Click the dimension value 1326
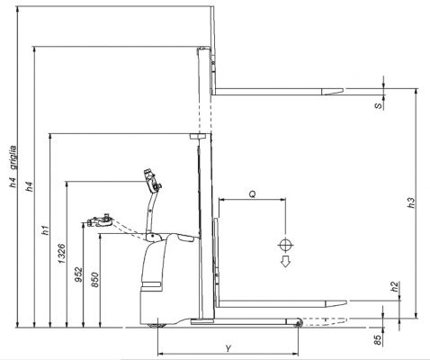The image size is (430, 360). [x=62, y=254]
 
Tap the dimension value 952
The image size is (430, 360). [x=78, y=274]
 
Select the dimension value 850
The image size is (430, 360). [x=95, y=280]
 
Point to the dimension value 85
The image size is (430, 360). [x=378, y=340]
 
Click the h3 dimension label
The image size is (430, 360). [x=412, y=202]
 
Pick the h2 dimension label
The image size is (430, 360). [x=395, y=286]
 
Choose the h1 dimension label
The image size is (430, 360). [x=45, y=229]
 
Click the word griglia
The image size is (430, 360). [x=13, y=157]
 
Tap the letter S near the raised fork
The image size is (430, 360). [x=379, y=106]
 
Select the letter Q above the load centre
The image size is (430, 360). [x=253, y=194]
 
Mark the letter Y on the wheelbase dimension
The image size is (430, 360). [x=228, y=348]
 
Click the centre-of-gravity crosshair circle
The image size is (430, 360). [x=285, y=246]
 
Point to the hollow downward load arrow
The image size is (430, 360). [x=285, y=261]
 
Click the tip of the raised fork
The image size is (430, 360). [x=343, y=89]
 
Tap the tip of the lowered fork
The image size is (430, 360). [x=347, y=301]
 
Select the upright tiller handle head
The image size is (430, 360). [x=152, y=181]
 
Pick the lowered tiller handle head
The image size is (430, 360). [x=100, y=221]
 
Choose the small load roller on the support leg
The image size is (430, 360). [x=298, y=323]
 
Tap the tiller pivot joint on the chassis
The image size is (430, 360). [x=154, y=236]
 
